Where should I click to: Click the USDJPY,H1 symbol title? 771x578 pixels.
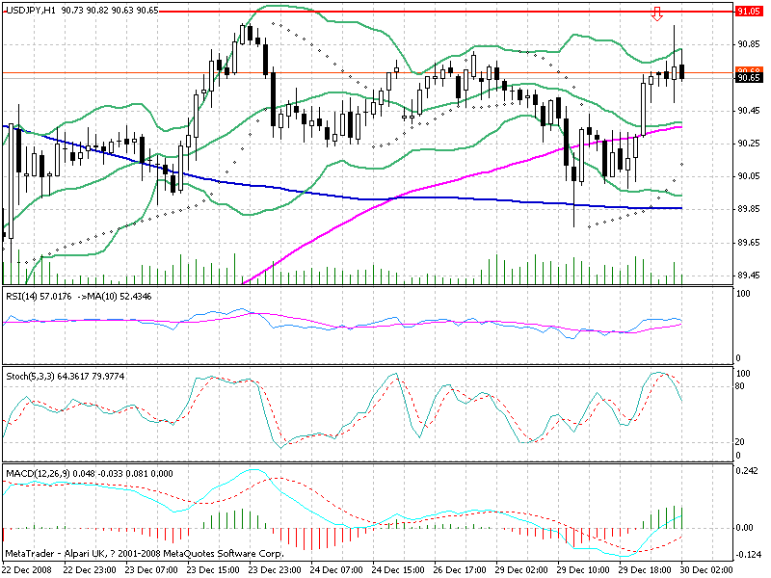(28, 10)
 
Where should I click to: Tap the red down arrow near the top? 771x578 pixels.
(657, 13)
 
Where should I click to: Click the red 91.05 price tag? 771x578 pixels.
(748, 11)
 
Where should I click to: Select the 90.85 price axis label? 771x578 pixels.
(748, 44)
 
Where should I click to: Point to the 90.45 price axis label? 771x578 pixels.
(748, 111)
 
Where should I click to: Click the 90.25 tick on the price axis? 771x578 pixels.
(748, 144)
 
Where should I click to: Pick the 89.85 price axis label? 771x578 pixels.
(748, 210)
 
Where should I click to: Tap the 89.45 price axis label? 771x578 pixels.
(748, 276)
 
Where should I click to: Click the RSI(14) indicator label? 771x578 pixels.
(22, 295)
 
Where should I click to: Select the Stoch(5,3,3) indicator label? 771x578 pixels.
(29, 375)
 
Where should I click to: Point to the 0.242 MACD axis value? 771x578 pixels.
(746, 472)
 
